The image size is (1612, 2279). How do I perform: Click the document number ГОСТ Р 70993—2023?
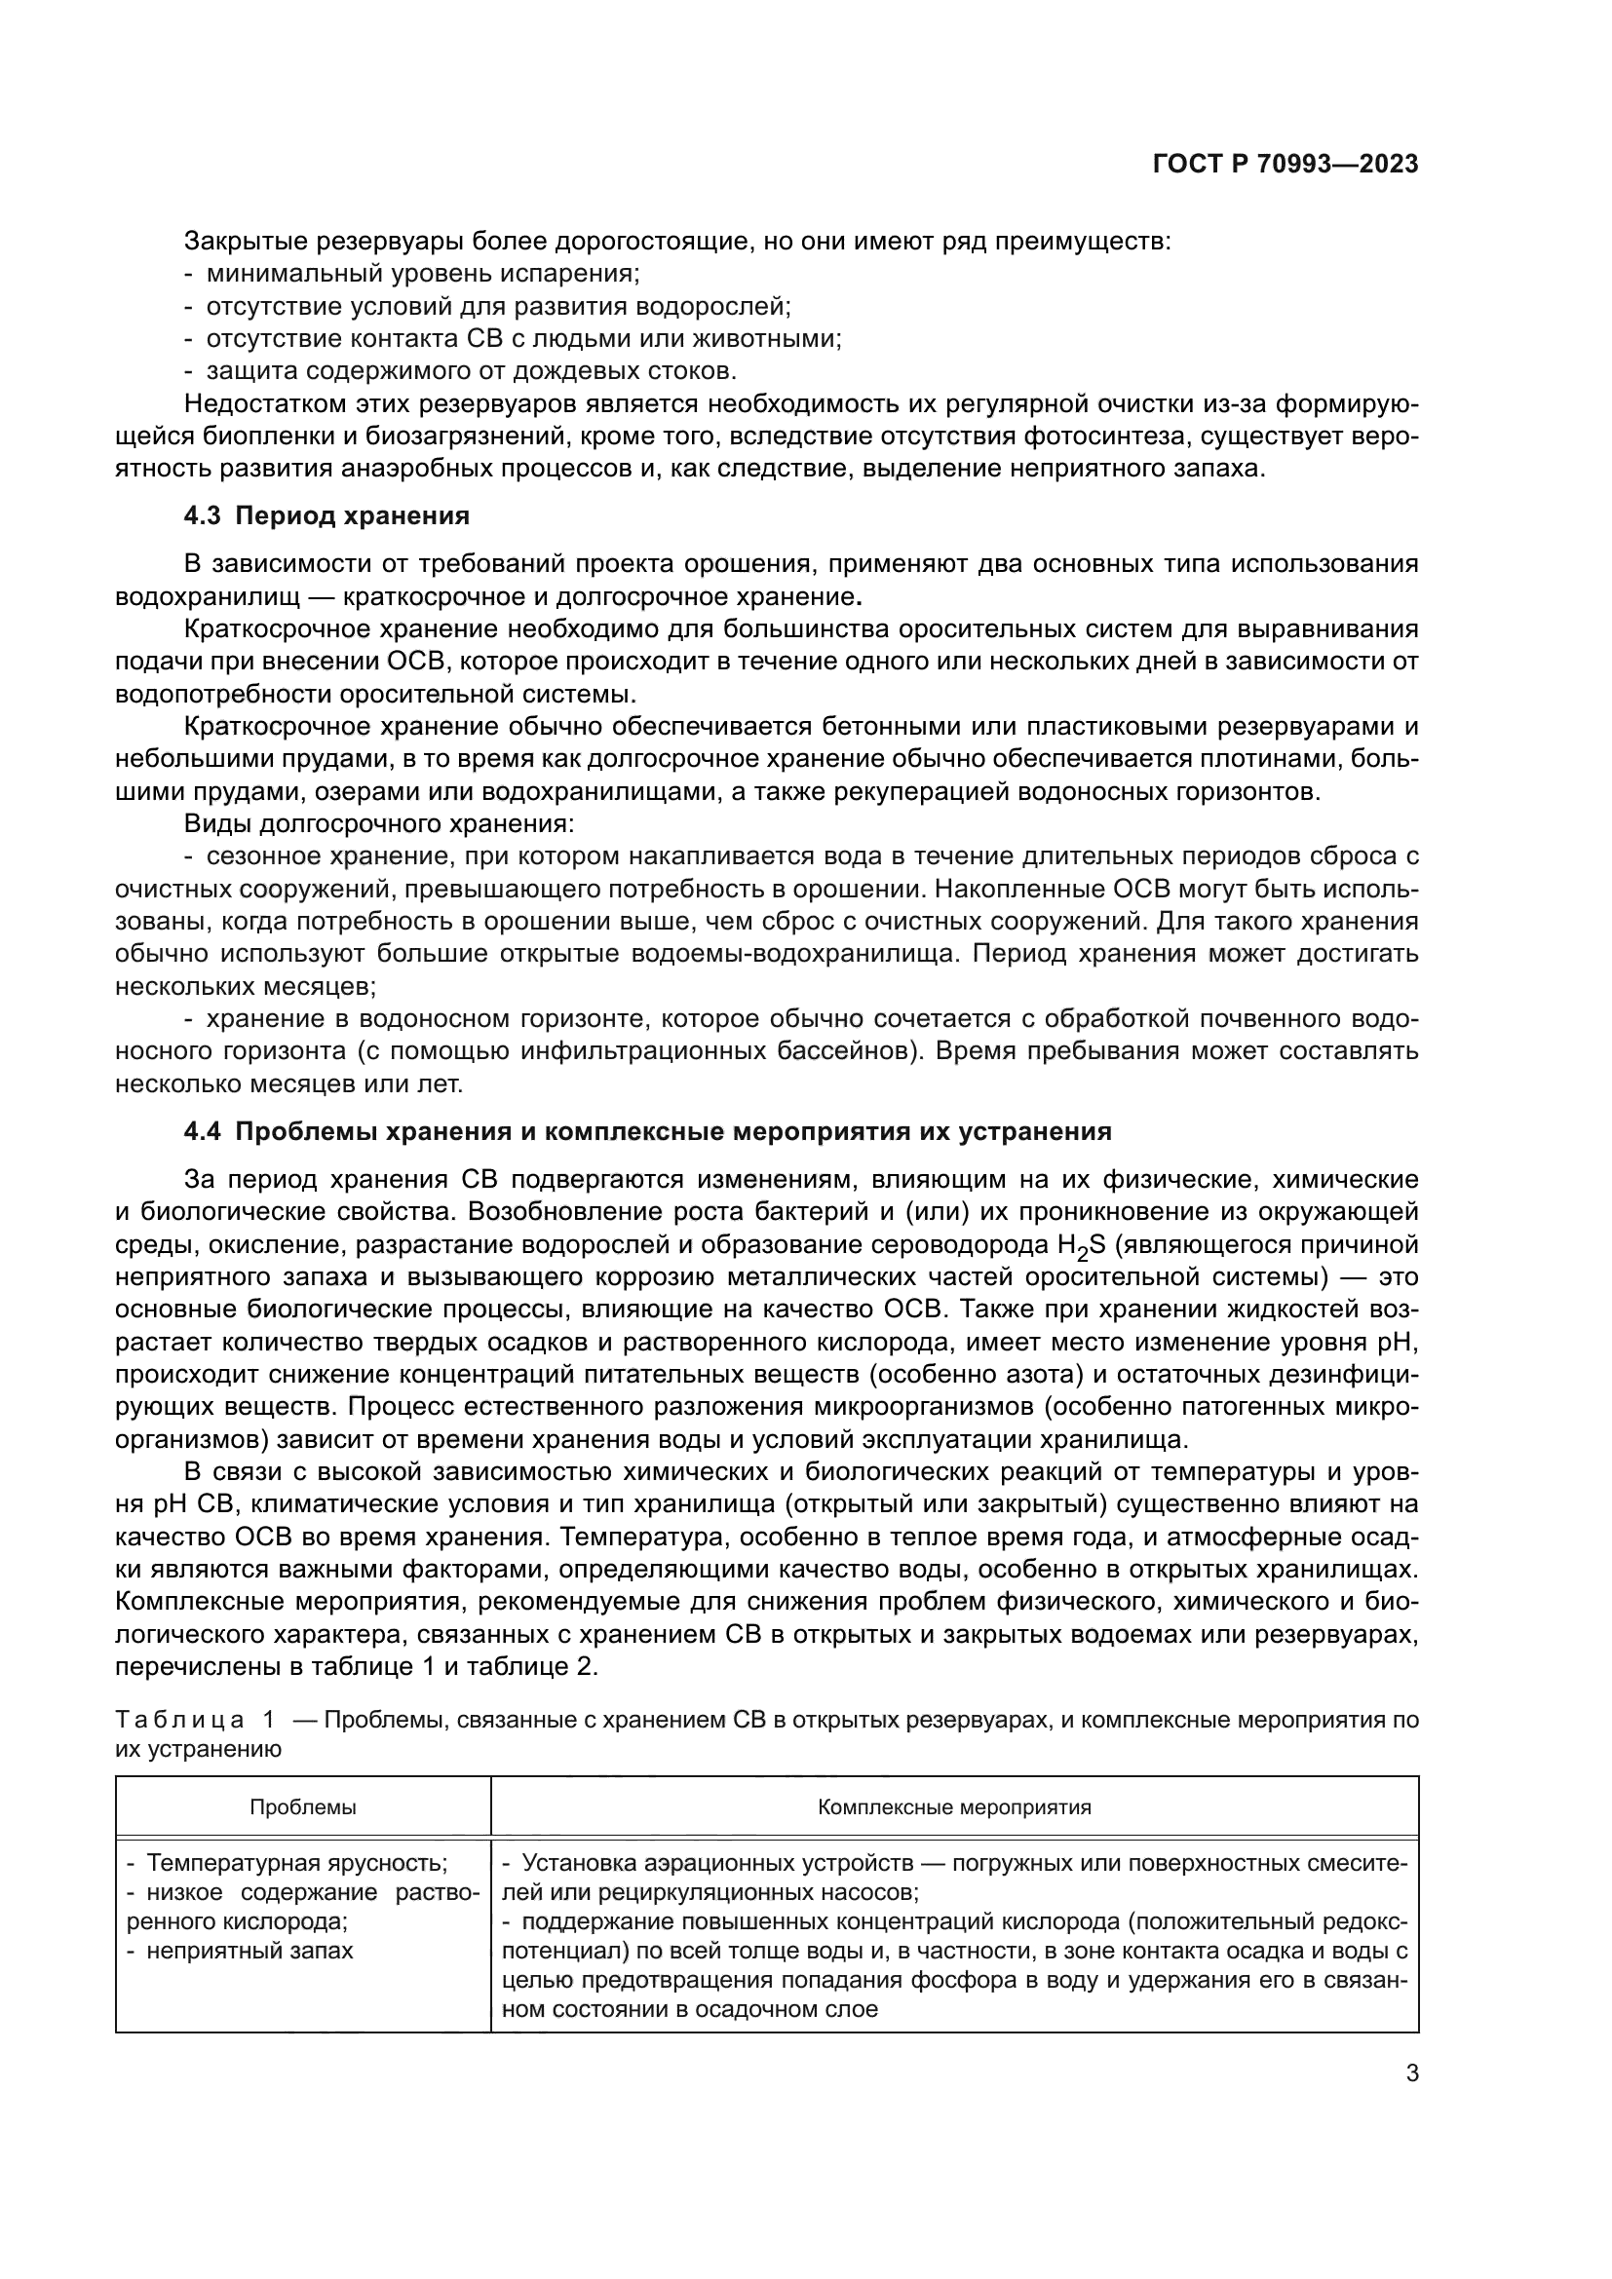[1285, 165]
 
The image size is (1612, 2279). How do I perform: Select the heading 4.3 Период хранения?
[326, 515]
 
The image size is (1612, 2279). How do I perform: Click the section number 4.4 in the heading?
[205, 1131]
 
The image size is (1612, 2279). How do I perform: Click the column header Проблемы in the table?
[303, 1807]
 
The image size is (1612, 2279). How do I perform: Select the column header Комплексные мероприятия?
[954, 1807]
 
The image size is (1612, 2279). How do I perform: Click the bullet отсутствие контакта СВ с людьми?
[523, 338]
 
